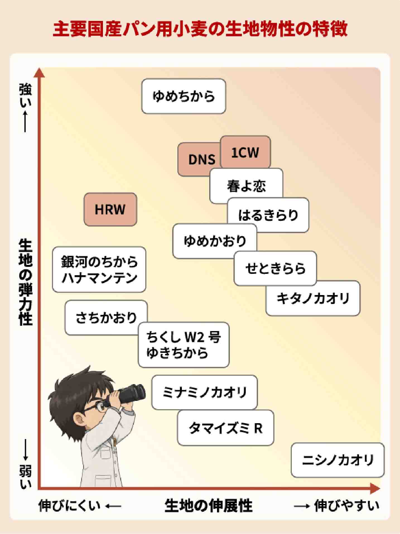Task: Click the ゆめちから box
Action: (184, 96)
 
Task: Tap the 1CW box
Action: (245, 152)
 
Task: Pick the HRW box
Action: (110, 209)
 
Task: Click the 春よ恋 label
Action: (246, 186)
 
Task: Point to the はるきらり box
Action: (268, 215)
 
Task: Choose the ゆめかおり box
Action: (215, 241)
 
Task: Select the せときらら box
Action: (275, 268)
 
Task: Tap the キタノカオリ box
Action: (313, 298)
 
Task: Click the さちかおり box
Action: (106, 318)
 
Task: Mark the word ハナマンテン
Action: (99, 278)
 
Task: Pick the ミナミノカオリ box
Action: (204, 392)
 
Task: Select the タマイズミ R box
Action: (225, 428)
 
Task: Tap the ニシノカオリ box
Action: (338, 460)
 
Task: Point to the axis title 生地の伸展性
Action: (208, 506)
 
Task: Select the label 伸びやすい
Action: (347, 506)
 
